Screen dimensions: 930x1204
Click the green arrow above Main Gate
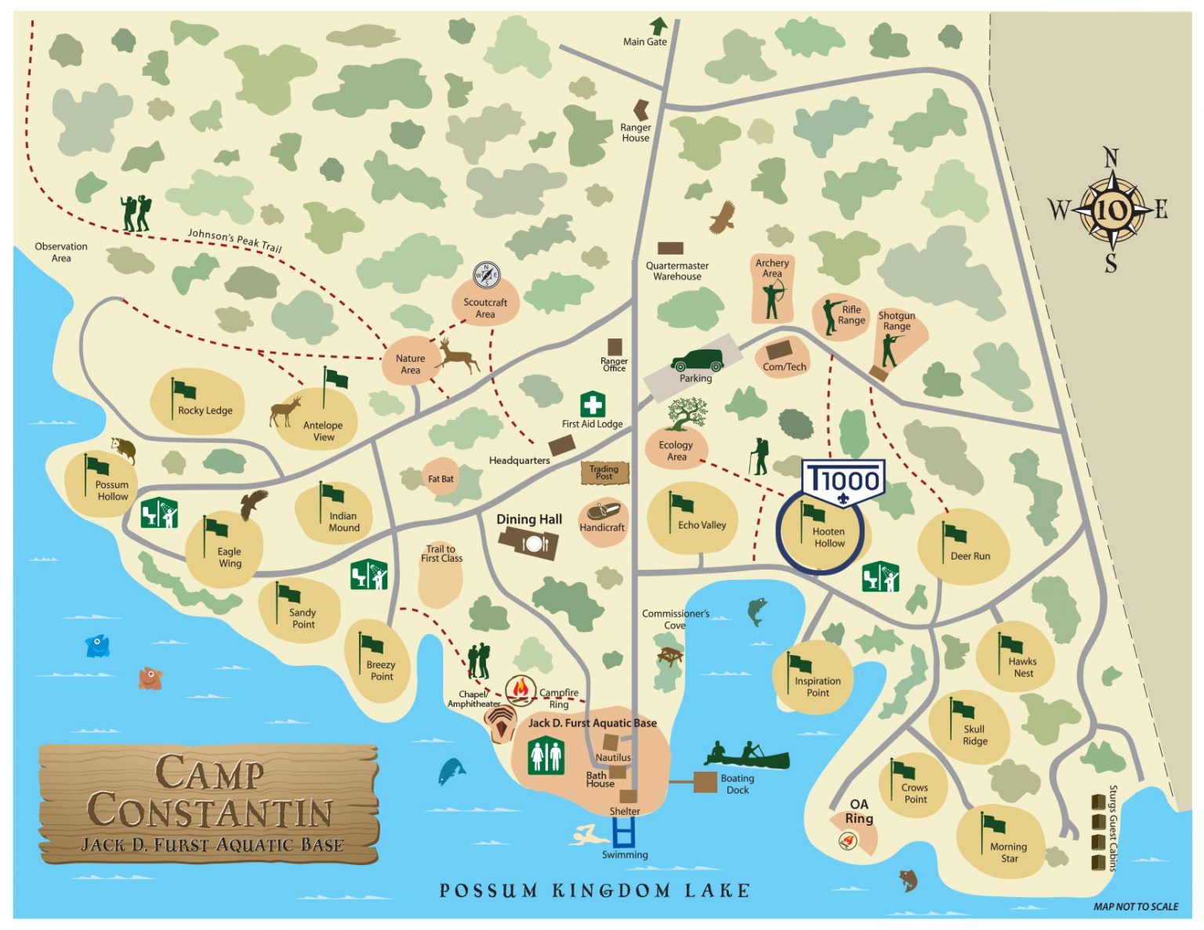pos(658,26)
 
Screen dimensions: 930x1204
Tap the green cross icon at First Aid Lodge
pos(593,405)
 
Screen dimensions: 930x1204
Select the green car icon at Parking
pos(697,361)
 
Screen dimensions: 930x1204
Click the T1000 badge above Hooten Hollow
pos(843,479)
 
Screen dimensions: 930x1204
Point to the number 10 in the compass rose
pos(1111,210)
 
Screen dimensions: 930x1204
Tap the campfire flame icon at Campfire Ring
pos(520,690)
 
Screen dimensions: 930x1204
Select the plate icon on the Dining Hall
pos(535,544)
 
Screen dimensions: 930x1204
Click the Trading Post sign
pos(604,472)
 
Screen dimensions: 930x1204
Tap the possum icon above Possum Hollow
pos(124,450)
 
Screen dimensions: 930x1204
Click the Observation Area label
pos(61,252)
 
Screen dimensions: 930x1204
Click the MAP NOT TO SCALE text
pos(1135,906)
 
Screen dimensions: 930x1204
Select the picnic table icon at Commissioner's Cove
pos(670,656)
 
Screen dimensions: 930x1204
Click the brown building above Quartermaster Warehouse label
pos(670,248)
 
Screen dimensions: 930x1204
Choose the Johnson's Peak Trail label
pos(234,241)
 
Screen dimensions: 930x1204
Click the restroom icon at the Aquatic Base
pos(546,756)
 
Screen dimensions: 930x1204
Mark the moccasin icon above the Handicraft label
pos(604,512)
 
